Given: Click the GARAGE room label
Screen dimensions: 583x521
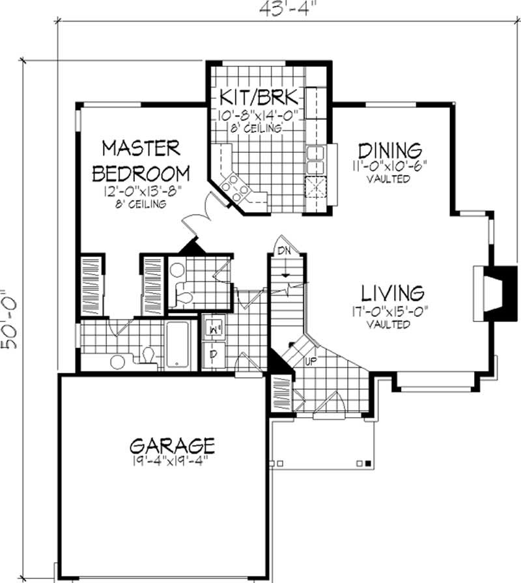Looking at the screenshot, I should point(172,446).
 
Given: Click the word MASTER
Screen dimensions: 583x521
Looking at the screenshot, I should point(141,148).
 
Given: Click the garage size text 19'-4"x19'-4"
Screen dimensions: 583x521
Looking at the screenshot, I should point(172,464).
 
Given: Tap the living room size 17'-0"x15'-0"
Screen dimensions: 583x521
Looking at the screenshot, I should point(387,311).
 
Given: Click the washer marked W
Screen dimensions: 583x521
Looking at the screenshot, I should point(212,331).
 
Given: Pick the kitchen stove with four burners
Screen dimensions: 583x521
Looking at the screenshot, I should point(234,187).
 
